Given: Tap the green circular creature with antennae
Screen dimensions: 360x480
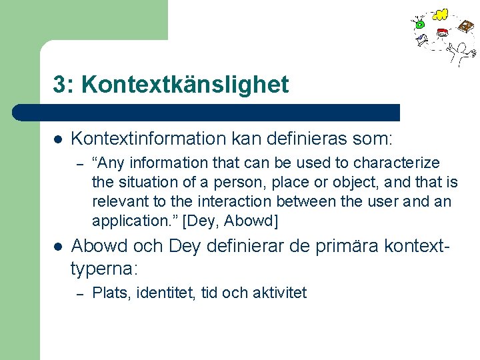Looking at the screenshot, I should click(419, 24).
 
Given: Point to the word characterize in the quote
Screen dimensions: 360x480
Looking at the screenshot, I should click(396, 163).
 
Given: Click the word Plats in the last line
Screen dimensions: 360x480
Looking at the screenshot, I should click(107, 293).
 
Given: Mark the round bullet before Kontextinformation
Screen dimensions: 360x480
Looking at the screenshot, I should click(58, 139).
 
